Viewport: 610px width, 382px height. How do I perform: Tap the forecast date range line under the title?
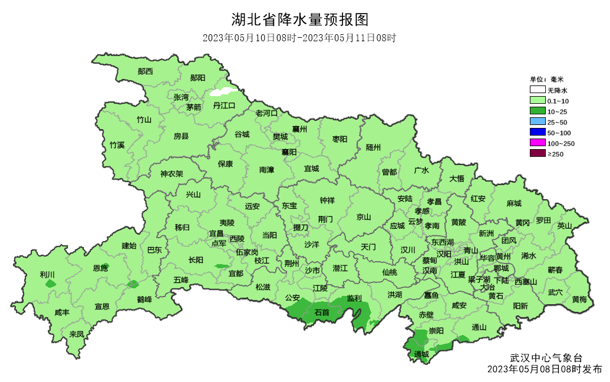point(299,38)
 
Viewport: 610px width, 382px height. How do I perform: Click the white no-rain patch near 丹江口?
point(223,91)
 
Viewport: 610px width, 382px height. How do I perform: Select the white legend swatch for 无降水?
point(537,90)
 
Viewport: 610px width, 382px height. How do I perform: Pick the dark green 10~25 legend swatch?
point(537,111)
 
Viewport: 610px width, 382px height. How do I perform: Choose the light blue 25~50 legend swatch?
point(537,122)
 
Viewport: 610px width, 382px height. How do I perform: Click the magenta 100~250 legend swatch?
point(537,143)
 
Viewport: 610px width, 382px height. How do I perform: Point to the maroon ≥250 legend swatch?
point(537,154)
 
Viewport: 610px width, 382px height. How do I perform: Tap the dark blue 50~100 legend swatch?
point(537,133)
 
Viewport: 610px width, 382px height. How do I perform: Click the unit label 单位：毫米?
point(546,80)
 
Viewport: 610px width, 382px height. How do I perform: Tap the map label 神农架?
point(172,174)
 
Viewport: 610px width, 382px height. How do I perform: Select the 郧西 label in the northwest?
point(145,71)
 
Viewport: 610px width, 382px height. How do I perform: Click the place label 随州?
point(373,147)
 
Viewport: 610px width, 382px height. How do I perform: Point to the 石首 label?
point(322,312)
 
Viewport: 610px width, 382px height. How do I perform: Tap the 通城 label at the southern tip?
point(421,354)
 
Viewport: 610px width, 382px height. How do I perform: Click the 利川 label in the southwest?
point(47,275)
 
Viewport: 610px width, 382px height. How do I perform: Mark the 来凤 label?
point(77,334)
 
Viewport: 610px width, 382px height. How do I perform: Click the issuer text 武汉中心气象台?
point(546,358)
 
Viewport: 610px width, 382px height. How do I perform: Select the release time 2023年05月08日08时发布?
point(545,370)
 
